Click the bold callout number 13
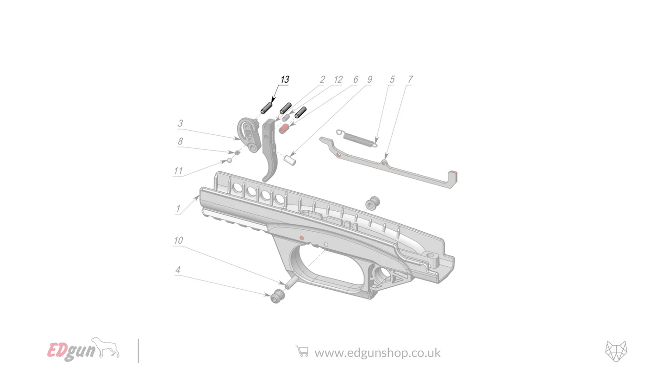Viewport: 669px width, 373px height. [285, 80]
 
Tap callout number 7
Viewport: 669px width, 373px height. [410, 80]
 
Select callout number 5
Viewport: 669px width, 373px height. [392, 80]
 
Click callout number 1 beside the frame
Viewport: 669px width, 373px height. [178, 209]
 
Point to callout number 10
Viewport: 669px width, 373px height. [178, 240]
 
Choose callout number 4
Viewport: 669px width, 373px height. [178, 270]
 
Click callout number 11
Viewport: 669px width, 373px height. [178, 171]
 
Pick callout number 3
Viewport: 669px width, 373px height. [180, 123]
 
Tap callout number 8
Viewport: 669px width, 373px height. [180, 142]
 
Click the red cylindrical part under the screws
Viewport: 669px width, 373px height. [283, 127]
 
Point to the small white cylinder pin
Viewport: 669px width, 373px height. [290, 161]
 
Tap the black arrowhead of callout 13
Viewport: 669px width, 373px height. [272, 101]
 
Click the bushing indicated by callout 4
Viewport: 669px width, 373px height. [277, 296]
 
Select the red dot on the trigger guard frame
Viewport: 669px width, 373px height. [301, 238]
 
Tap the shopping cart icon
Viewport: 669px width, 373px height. [302, 352]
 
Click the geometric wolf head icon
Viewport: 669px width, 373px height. [616, 351]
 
